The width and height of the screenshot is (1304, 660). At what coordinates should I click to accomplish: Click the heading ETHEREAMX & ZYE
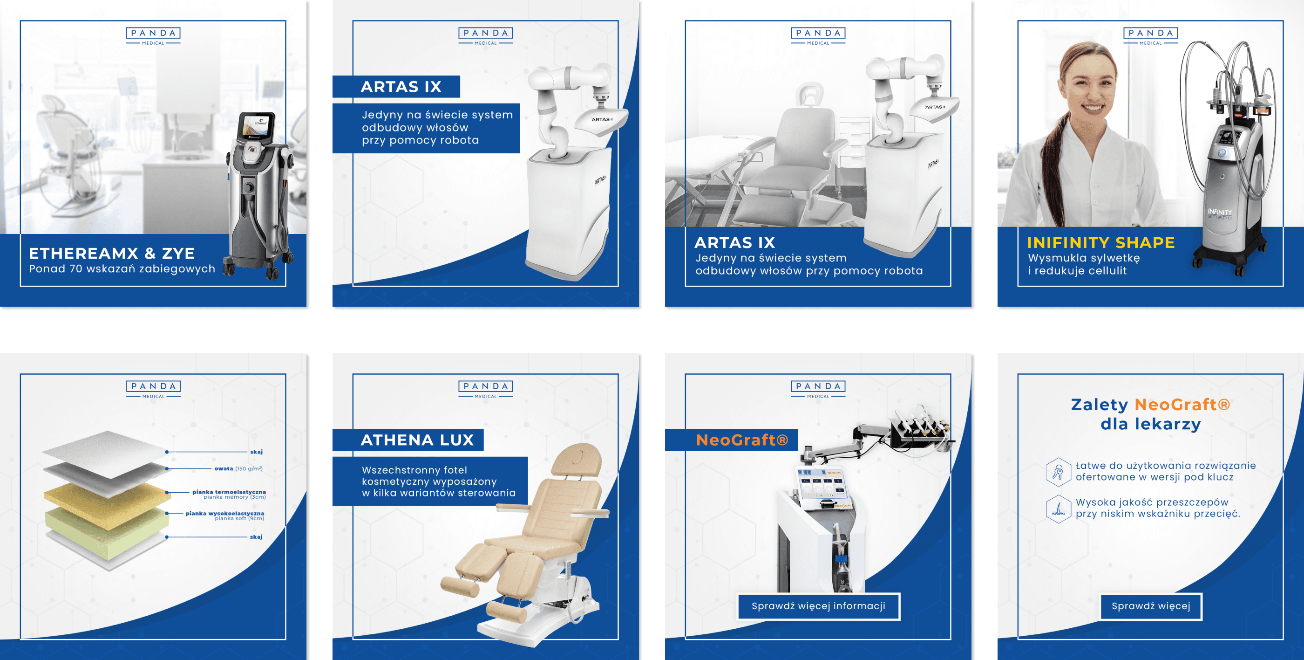111,253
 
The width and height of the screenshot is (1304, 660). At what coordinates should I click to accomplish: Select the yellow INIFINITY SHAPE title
1100,243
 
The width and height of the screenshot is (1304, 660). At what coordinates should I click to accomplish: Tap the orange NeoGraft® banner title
741,440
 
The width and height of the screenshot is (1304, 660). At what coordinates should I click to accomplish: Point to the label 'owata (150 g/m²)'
238,468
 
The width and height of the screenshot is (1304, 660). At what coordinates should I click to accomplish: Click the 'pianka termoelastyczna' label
229,492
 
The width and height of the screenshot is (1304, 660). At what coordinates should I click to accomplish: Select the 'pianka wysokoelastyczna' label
225,513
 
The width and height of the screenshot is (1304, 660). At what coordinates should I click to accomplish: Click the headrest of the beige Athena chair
577,461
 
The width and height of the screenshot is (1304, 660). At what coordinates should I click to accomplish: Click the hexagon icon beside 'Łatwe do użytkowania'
1058,472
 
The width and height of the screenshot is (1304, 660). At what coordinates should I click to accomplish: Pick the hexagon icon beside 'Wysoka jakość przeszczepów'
1058,509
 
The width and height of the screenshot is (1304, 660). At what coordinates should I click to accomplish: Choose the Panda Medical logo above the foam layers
153,390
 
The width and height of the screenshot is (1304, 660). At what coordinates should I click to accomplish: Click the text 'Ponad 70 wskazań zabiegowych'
122,269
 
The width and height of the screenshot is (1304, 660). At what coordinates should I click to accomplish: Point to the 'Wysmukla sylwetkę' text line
1084,258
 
